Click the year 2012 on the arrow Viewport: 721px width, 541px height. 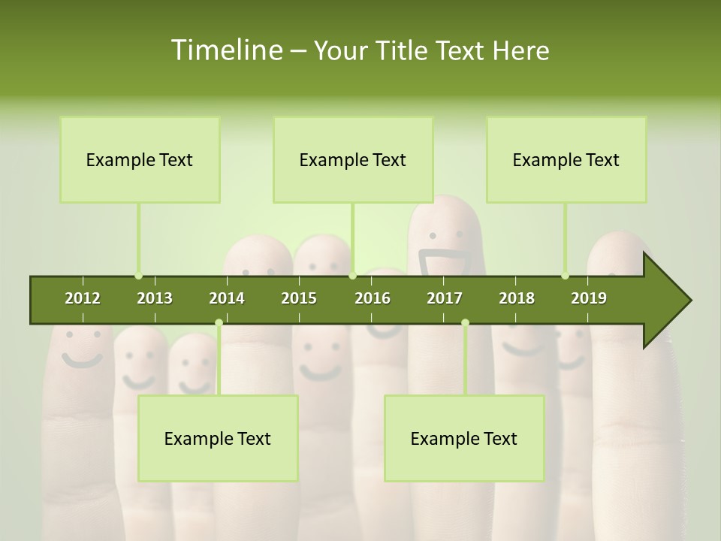click(x=83, y=298)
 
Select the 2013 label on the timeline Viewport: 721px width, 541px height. click(x=155, y=298)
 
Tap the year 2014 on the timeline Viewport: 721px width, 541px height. click(x=227, y=298)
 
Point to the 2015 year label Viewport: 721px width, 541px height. click(x=299, y=298)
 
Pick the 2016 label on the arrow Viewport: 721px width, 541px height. click(x=373, y=298)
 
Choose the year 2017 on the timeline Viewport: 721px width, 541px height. click(x=445, y=298)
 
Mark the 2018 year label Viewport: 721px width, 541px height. click(x=517, y=298)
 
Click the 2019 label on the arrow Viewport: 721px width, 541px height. click(x=589, y=298)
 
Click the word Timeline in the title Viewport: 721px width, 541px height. click(x=226, y=50)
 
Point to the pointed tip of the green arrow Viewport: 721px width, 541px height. click(x=689, y=301)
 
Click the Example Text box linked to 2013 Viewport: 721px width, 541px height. click(x=140, y=159)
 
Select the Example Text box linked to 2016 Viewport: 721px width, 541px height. click(x=353, y=159)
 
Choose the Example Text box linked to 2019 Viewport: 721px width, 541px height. click(x=566, y=159)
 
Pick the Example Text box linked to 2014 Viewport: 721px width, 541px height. click(x=218, y=438)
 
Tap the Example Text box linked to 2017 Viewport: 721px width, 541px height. click(x=464, y=438)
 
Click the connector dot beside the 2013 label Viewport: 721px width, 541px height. click(x=139, y=276)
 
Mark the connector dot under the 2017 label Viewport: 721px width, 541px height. click(x=465, y=323)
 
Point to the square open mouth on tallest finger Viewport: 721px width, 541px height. click(x=445, y=263)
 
